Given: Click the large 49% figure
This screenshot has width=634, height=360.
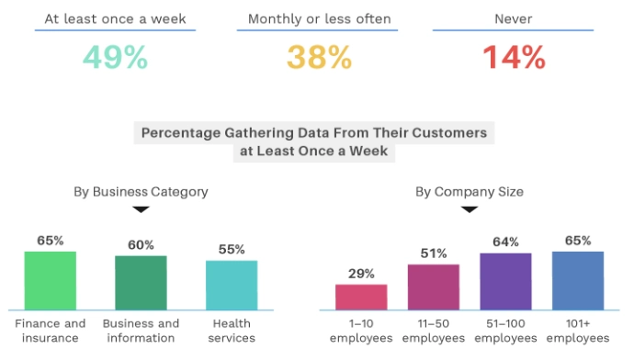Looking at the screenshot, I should coord(115,58).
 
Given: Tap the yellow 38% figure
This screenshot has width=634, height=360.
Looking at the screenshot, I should coord(319,58).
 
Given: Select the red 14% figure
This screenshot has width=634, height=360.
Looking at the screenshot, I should coord(515,58).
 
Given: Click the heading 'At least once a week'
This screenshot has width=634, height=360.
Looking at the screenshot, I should coord(115,17).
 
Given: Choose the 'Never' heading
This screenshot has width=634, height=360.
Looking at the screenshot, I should coord(515,17).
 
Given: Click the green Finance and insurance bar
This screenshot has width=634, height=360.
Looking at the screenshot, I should coord(51,280).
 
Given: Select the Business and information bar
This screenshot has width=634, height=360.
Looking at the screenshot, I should coord(141,282).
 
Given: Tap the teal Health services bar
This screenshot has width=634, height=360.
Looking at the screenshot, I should coord(232,285).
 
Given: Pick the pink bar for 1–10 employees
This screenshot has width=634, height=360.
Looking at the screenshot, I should coord(361,297).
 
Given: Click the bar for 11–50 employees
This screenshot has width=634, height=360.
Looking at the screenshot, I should coord(433,287).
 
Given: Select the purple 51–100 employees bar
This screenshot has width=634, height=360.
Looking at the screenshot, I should coord(505,281).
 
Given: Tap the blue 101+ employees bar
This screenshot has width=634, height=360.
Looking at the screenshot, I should coord(578,280).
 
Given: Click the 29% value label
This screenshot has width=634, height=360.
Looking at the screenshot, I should coord(361,274).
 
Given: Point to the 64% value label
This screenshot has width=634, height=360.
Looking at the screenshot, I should coord(505,242).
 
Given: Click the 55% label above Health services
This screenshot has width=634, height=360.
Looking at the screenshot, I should coord(232,249).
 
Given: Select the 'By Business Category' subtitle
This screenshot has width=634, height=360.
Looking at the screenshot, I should coord(141,192).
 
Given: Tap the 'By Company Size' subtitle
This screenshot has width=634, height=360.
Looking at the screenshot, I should coord(470,192).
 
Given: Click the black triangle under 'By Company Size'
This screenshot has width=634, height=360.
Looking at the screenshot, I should coord(470,209).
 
